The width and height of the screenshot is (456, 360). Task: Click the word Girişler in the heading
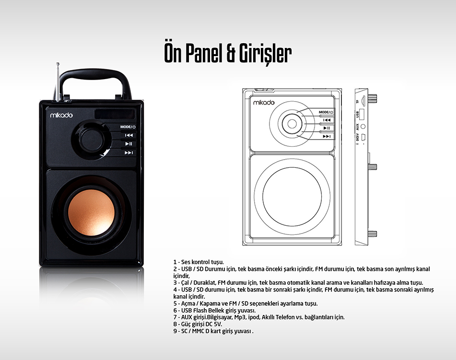point(265,54)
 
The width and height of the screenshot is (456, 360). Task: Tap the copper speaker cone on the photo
point(91,212)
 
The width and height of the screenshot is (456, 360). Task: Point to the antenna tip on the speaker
point(58,63)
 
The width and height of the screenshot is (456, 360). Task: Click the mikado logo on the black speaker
point(61,115)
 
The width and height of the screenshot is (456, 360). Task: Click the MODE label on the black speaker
point(126,127)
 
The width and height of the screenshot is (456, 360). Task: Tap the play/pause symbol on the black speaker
point(129,144)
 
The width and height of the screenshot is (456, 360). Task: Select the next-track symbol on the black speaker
point(129,152)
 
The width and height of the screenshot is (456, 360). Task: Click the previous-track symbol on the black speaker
point(129,135)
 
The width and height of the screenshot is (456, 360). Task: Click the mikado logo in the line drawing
point(264,103)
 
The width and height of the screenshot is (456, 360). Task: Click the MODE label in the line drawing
point(324,112)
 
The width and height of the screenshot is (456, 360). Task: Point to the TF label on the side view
point(357,102)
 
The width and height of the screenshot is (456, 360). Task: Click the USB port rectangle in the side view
point(362,114)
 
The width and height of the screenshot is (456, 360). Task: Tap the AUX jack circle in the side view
point(362,127)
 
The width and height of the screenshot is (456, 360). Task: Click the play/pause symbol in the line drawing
point(327,128)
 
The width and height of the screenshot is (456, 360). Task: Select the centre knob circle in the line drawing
point(292,124)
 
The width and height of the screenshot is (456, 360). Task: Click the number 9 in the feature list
point(175,331)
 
